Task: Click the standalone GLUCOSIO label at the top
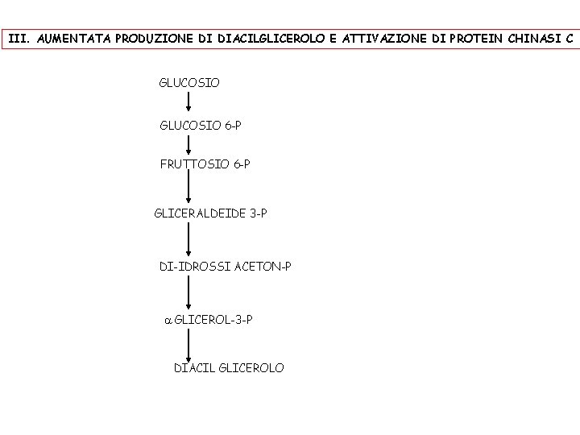[189, 83]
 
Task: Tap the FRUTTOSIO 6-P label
[205, 165]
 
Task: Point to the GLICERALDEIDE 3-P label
[210, 213]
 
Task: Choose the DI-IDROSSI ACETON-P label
[225, 266]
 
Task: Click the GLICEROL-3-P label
[213, 320]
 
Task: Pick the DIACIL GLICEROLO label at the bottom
[229, 368]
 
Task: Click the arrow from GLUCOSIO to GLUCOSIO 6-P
[189, 102]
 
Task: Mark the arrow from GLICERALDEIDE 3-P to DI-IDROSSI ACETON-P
[189, 239]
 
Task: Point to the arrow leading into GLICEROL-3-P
[189, 292]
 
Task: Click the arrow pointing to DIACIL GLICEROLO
[189, 344]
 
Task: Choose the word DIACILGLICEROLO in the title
[271, 38]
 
